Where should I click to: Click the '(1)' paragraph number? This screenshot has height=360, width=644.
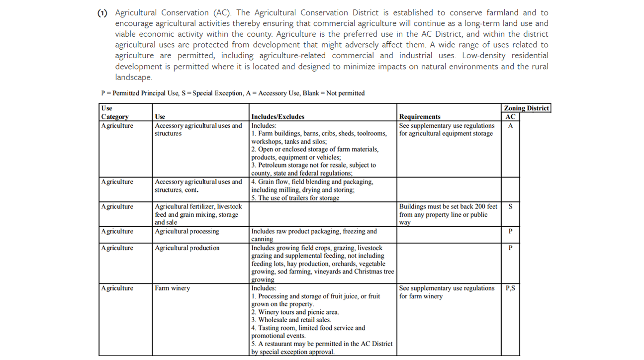coord(102,13)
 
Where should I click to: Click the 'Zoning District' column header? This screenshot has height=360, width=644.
coord(526,108)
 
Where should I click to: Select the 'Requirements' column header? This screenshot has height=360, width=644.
coord(420,117)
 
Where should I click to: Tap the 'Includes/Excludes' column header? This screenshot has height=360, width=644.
coord(277,117)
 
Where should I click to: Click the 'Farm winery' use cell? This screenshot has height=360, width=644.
coord(172,288)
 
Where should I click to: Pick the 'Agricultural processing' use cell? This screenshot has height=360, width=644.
coord(186,231)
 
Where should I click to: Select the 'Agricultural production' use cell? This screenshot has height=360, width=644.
coord(187,248)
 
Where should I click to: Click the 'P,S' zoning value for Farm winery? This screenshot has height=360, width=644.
coord(510,288)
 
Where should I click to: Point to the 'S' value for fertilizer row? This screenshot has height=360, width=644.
coord(510,206)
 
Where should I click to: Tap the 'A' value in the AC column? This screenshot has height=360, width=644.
coord(510,126)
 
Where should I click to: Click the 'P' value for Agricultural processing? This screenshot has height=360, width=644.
coord(510,231)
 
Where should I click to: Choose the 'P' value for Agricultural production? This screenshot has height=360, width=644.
coord(510,248)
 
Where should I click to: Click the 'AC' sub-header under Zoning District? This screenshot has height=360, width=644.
coord(510,117)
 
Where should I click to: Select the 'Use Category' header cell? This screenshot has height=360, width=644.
coord(114,112)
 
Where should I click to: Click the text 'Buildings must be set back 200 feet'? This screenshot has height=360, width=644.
coord(448,206)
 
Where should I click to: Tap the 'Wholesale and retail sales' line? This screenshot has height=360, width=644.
coord(291,320)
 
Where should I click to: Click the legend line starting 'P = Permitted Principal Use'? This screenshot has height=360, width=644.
coord(233,93)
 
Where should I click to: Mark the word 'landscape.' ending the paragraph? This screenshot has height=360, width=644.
coord(133,77)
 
